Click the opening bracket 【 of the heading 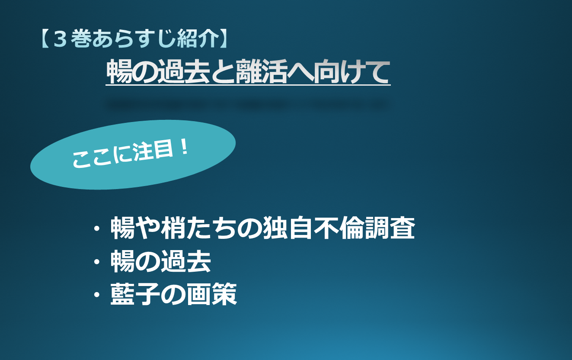pos(45,39)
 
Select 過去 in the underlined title pos(184,71)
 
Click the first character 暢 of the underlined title pos(119,71)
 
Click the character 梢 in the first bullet pos(173,228)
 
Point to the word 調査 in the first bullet pos(390,228)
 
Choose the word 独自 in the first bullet pos(288,228)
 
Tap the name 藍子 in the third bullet pos(135,294)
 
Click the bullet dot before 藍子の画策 pos(97,295)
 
